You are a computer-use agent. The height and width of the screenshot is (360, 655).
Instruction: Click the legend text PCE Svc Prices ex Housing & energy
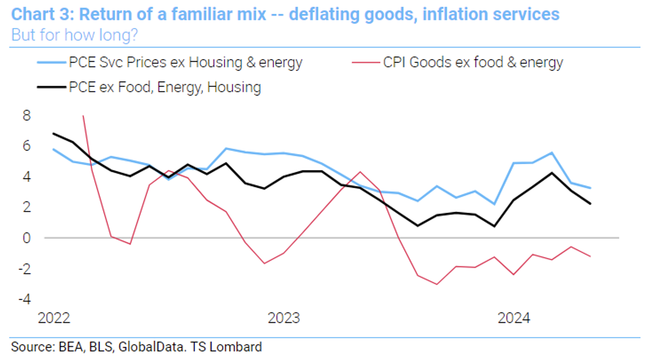186,63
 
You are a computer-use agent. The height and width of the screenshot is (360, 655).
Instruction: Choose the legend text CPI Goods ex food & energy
473,63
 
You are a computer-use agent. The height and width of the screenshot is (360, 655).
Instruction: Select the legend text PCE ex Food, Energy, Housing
165,87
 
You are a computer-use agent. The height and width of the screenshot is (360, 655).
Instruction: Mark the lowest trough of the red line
437,284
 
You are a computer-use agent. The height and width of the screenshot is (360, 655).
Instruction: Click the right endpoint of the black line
590,204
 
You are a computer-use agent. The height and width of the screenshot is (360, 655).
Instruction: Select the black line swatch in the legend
52,87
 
